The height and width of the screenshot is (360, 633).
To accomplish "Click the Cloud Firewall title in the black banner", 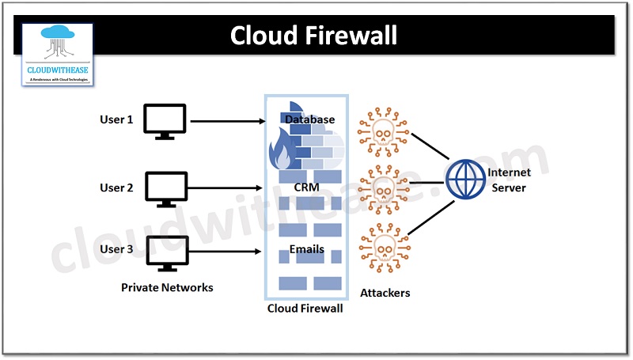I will point(314,36).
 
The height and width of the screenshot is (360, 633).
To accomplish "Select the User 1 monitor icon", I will point(165,121).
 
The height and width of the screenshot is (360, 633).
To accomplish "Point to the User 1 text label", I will point(116,120).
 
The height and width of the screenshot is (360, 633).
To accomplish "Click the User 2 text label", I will point(116,188).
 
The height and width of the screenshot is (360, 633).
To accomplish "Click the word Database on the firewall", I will point(310,120).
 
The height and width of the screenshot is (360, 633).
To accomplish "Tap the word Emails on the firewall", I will point(307,250).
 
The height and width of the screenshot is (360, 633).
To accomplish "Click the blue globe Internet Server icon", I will point(464,180).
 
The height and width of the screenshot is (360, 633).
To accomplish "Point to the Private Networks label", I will point(167,288).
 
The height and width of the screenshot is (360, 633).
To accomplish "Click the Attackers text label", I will point(385,293).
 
